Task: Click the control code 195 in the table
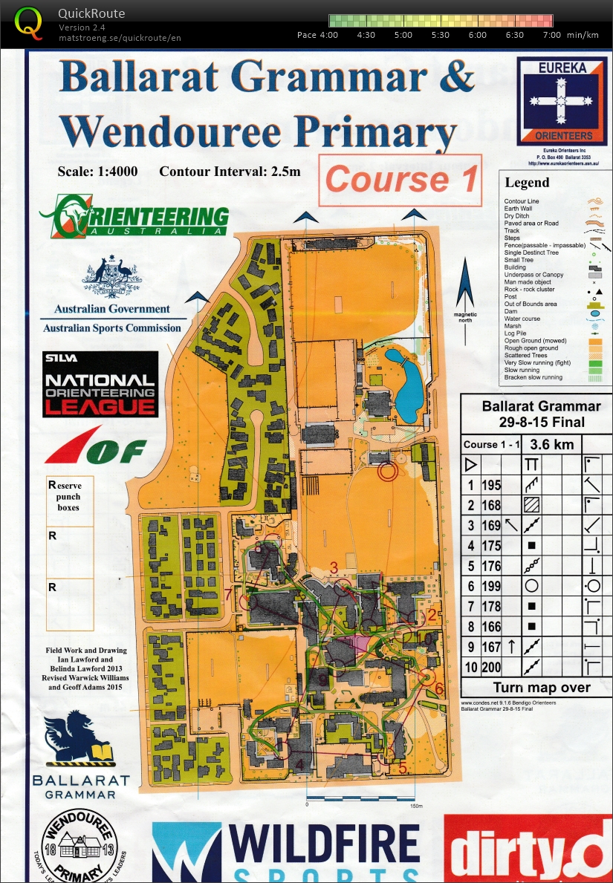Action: tap(492, 486)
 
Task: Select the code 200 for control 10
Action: tap(492, 667)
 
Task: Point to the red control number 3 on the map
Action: tap(334, 569)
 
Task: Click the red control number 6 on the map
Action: tap(439, 688)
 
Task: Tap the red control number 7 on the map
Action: tap(228, 593)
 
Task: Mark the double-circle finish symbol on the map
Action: tap(387, 469)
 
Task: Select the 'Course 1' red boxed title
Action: tap(400, 180)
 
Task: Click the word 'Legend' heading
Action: tap(527, 182)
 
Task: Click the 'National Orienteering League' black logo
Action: tap(100, 384)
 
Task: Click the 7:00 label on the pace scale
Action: tap(551, 35)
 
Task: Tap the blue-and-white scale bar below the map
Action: tap(361, 799)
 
